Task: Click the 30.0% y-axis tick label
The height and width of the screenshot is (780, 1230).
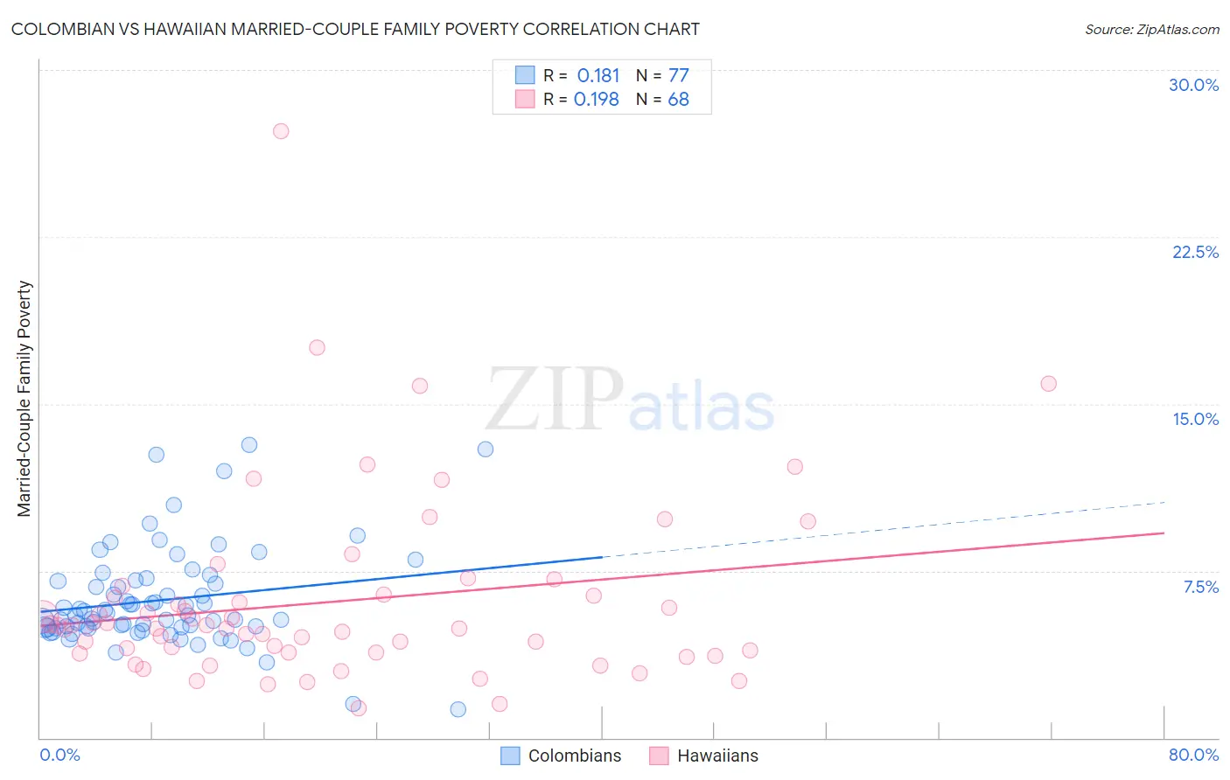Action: [x=1193, y=85]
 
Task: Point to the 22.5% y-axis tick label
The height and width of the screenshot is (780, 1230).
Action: [x=1195, y=252]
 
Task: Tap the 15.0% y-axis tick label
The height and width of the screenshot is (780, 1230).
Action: [x=1195, y=419]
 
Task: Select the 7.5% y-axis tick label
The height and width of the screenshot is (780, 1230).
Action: [x=1200, y=587]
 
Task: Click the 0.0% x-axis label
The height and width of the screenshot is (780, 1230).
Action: [x=59, y=755]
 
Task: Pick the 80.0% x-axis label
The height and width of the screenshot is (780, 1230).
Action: [x=1193, y=755]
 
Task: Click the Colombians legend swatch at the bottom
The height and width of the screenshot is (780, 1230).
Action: [x=510, y=756]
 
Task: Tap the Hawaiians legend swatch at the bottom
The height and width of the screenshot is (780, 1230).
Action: [x=659, y=756]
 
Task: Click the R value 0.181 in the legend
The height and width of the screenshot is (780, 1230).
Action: [x=598, y=75]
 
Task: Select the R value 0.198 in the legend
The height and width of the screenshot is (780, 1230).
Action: [x=597, y=100]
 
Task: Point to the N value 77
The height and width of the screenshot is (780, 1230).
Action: [x=679, y=75]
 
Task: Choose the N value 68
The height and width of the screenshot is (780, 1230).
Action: [x=679, y=100]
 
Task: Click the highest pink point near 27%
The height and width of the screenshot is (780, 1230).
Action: [x=281, y=131]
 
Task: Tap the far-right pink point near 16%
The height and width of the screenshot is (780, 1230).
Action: [x=1048, y=384]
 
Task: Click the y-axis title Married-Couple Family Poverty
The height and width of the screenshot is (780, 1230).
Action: [x=24, y=399]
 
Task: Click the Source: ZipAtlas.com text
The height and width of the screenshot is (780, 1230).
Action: [x=1151, y=30]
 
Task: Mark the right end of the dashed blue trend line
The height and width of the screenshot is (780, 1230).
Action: [x=1164, y=502]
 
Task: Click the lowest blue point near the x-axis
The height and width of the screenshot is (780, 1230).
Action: [x=458, y=709]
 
